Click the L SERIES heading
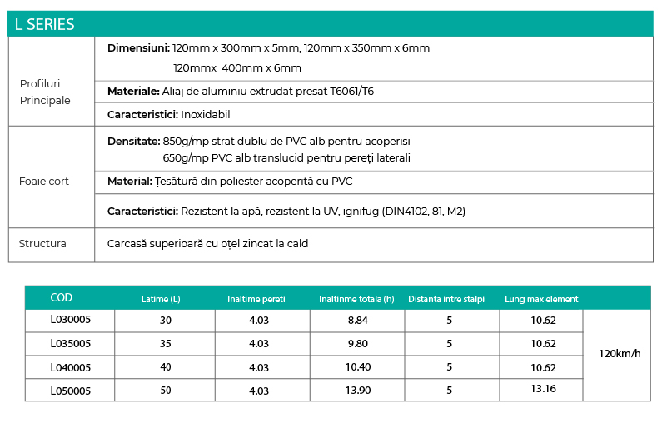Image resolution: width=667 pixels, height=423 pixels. point(44,24)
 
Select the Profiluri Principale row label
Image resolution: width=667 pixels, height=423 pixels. point(45,92)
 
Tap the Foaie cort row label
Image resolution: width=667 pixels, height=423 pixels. point(44,181)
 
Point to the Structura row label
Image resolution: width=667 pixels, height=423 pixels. point(42,244)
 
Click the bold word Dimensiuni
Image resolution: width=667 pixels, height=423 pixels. point(138,47)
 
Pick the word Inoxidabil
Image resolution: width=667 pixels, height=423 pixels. point(205,114)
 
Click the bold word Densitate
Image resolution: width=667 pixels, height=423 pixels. point(134,142)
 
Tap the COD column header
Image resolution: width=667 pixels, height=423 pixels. point(62,298)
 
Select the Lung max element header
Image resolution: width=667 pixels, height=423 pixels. point(541,299)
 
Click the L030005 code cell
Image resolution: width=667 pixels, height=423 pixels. point(70,321)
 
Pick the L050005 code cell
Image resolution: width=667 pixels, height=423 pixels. point(70,390)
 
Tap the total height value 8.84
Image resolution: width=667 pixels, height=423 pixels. point(357,321)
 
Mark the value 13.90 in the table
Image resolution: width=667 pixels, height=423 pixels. point(357,390)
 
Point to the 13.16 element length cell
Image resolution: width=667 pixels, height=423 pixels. point(543,389)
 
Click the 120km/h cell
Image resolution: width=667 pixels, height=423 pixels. point(620,354)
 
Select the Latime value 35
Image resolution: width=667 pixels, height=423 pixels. point(165,343)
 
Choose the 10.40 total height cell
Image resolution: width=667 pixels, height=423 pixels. point(357,367)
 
